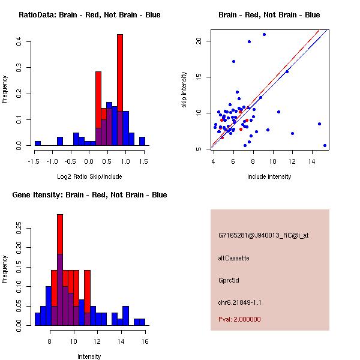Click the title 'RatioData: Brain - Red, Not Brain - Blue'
89,15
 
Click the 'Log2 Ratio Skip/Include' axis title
89,176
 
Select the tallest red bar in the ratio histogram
120,72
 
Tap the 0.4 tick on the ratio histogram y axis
20,41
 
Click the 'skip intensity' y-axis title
185,91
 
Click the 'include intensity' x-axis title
269,176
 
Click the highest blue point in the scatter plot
264,34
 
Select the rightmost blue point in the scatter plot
325,145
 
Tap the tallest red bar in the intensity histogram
60,252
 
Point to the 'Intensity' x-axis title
89,356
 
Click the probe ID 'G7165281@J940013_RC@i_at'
263,236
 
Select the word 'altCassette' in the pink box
234,258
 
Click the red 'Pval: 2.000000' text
239,319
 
